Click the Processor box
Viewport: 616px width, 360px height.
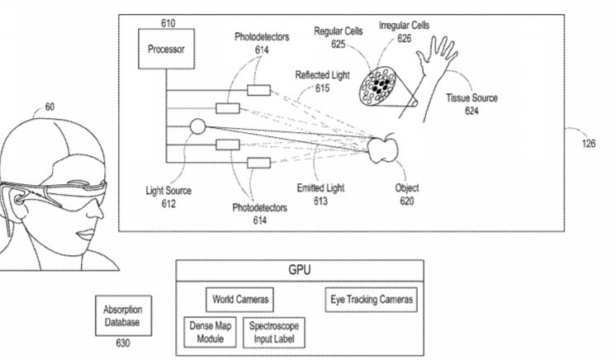pos(165,49)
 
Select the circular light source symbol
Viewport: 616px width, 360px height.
pos(197,127)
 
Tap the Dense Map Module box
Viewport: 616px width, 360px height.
pos(210,332)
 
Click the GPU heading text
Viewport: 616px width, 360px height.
pos(299,270)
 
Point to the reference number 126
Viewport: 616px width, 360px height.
pos(587,142)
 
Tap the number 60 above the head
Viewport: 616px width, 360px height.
pos(50,107)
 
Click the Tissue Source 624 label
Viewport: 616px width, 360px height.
pos(471,102)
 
